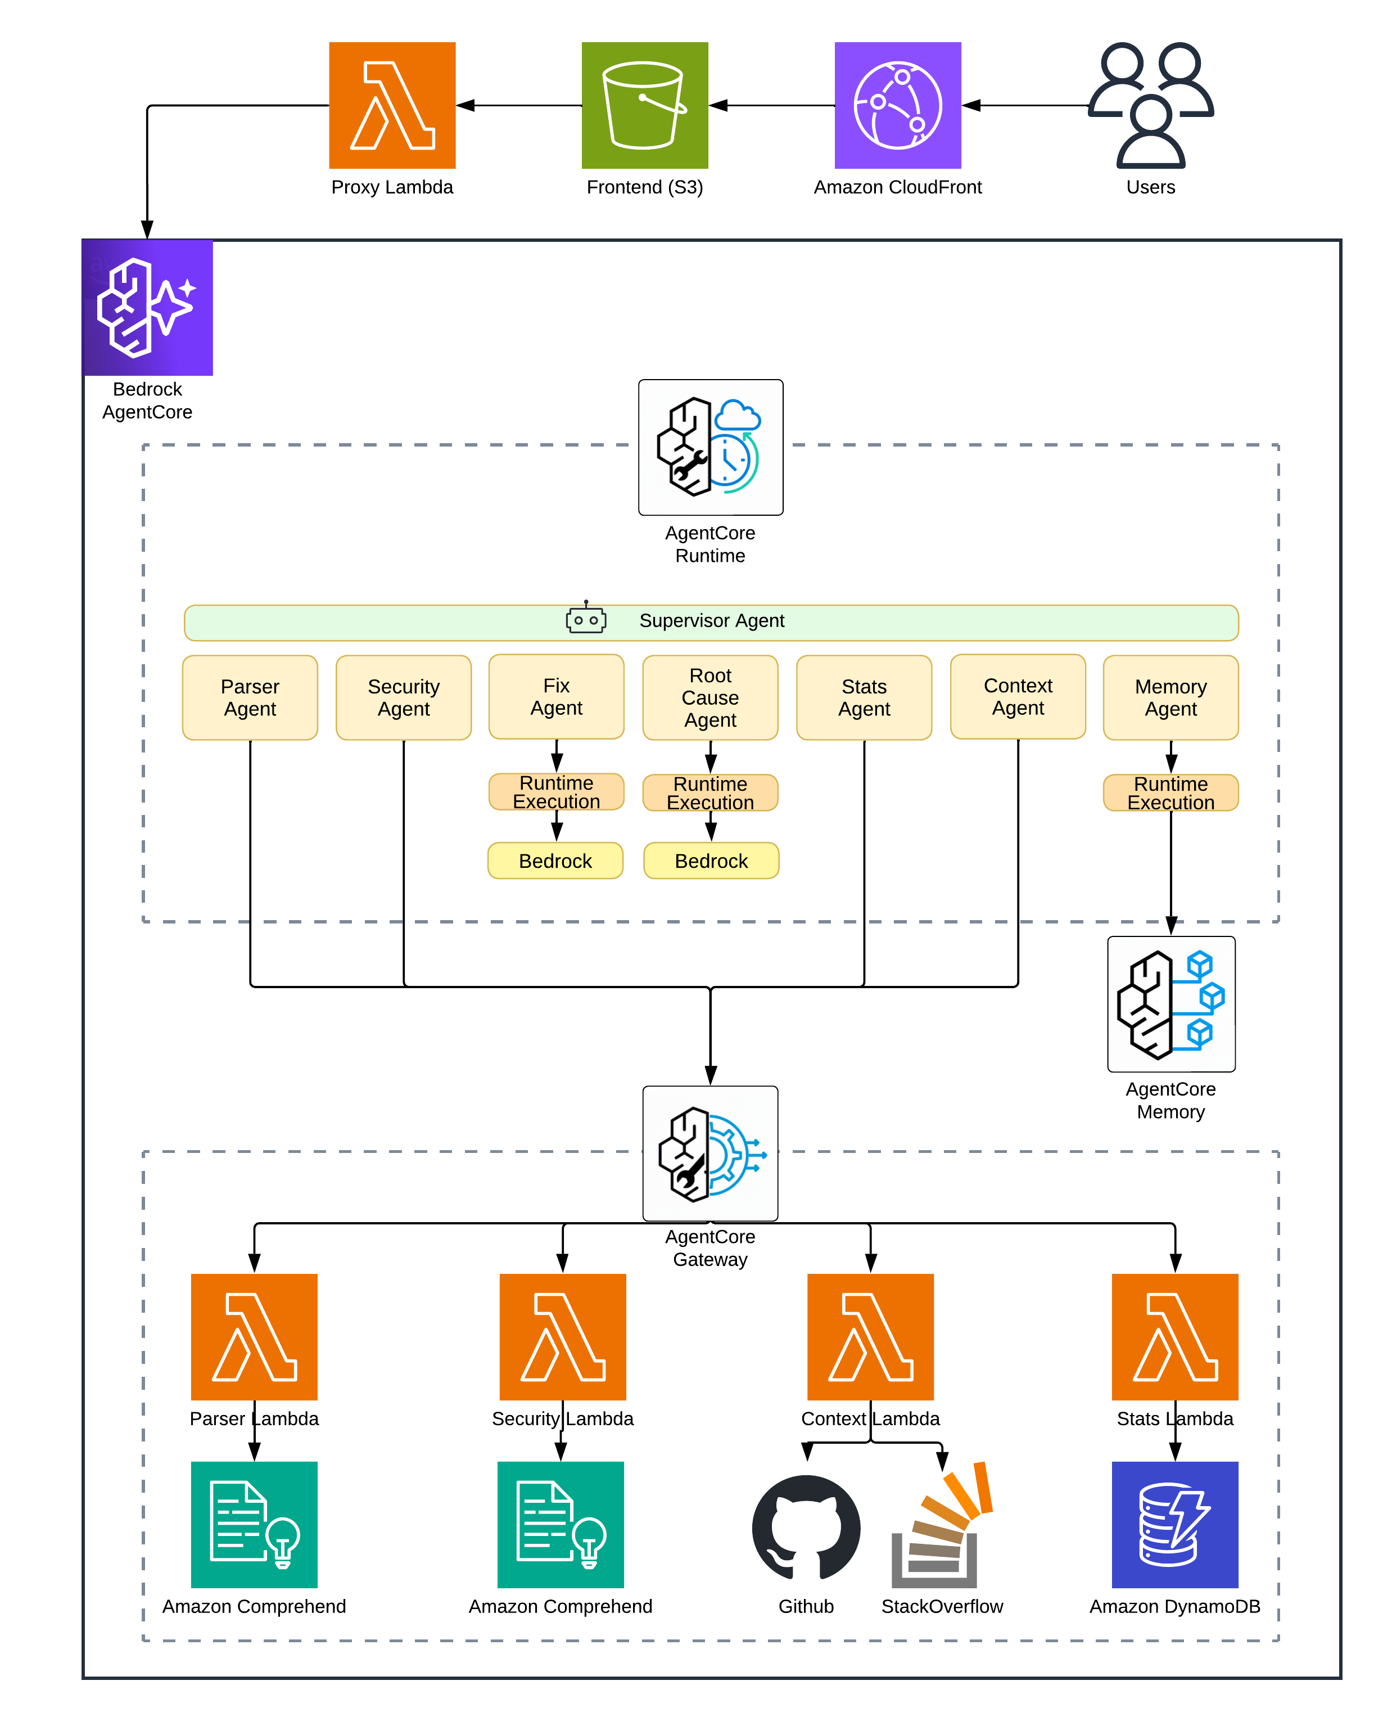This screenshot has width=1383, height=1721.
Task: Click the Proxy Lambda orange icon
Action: click(392, 105)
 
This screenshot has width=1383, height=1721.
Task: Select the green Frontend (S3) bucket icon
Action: click(644, 105)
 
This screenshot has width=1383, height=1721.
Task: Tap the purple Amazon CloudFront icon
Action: click(897, 105)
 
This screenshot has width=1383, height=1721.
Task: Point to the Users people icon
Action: click(1150, 105)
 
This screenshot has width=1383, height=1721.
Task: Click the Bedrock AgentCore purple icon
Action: click(148, 307)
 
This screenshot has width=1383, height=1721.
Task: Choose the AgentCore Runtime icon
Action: click(710, 447)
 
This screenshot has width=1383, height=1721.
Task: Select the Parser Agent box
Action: click(250, 697)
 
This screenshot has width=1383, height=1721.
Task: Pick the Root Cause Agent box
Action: click(710, 697)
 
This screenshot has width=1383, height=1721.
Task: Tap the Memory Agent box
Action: click(1170, 697)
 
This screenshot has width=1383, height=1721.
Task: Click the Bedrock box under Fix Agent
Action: click(555, 860)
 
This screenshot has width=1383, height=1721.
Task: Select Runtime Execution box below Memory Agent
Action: click(1170, 792)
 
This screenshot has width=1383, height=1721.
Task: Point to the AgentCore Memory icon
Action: click(1170, 1003)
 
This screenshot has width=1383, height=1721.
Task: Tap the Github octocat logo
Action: click(806, 1526)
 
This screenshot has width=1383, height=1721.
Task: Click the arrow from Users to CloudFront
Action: click(1025, 105)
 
